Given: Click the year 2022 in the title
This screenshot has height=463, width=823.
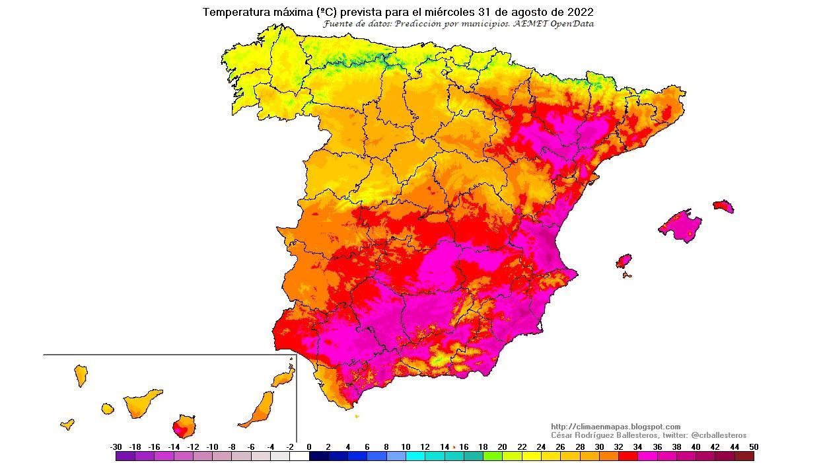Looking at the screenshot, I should click(579, 12).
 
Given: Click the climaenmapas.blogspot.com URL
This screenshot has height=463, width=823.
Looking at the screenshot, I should click(616, 427).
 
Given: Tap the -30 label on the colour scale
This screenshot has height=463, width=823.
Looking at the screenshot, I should click(116, 447).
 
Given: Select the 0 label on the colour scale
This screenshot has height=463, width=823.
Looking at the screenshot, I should click(308, 447).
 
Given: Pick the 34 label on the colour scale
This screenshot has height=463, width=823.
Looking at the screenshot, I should click(637, 447).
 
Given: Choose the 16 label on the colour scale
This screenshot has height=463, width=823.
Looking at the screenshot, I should click(464, 447).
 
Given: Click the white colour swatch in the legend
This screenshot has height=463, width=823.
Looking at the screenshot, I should click(299, 456).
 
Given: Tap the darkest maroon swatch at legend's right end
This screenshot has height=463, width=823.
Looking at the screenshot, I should click(744, 456).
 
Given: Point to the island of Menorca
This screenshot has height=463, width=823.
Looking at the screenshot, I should click(723, 206).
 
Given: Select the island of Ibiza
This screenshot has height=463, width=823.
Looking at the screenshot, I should click(624, 261).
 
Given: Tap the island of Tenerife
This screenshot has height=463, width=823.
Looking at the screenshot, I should click(141, 402).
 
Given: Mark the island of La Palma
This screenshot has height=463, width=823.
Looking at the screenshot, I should click(81, 376).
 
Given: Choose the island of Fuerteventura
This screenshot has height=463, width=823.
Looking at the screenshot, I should click(259, 410).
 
